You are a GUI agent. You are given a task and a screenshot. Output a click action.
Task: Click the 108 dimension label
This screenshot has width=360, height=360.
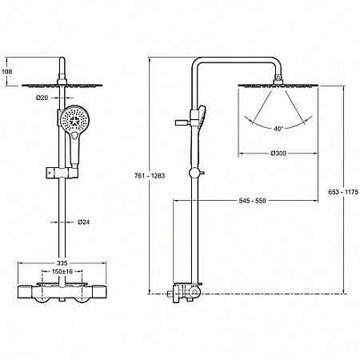tap(6, 71)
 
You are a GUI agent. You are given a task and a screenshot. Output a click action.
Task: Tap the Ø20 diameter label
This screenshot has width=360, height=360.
tap(42, 98)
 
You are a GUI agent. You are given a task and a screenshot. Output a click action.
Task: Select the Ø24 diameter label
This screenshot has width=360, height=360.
tap(84, 222)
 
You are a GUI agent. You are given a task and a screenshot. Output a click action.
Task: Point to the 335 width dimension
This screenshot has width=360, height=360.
tap(62, 263)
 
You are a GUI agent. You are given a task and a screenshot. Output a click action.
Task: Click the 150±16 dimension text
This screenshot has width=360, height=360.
tap(62, 271)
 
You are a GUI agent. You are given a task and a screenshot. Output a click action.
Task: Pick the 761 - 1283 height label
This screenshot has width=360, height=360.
tap(150, 176)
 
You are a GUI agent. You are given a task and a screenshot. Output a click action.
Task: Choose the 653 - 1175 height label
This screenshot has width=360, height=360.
tap(343, 192)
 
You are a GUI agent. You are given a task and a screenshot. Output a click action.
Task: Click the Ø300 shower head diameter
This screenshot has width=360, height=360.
tap(278, 154)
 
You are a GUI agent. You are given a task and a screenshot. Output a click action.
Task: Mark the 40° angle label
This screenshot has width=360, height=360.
tap(278, 129)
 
